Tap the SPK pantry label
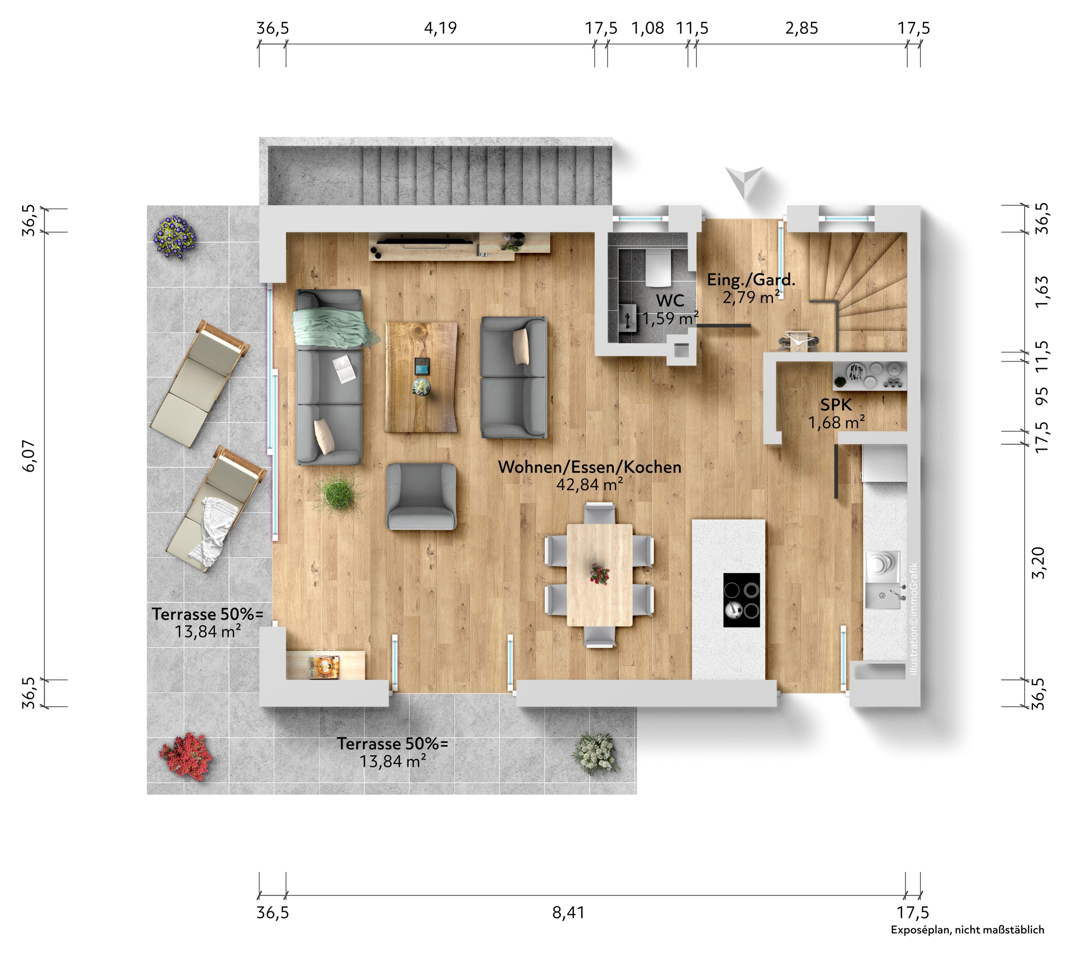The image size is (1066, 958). pos(836,405)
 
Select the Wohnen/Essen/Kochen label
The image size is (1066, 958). pos(589,467)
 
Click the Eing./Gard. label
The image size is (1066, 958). pos(750,280)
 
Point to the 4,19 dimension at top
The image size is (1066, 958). pos(440,28)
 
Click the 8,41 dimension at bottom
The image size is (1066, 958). pos(568,912)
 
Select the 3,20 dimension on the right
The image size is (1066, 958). pos(1038,563)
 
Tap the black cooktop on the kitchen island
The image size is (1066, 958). pos(741,600)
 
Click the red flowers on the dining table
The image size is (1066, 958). pos(599,574)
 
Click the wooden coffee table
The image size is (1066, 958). pos(421,377)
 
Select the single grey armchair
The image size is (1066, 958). pos(421,496)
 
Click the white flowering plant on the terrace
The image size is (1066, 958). pos(595,754)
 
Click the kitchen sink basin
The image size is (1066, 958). pos(881,596)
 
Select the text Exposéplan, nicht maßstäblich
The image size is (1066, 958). pos(967,944)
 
